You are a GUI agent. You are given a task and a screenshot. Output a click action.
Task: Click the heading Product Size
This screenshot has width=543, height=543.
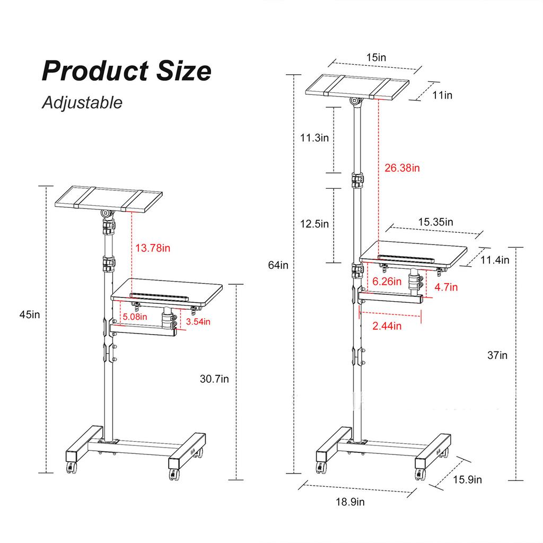126,71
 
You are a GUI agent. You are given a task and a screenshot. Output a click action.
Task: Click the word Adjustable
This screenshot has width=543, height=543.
82,102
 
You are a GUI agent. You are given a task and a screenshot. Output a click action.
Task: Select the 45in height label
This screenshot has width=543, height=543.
29,314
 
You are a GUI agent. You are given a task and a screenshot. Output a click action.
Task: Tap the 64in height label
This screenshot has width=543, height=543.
278,265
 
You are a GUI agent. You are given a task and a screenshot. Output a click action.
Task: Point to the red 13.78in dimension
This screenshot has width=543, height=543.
153,248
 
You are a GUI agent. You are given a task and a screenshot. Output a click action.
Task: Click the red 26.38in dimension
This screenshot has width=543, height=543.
401,168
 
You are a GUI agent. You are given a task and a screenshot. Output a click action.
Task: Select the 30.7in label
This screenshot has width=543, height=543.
215,379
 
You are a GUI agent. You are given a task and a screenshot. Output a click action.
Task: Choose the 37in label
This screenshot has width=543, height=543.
497,355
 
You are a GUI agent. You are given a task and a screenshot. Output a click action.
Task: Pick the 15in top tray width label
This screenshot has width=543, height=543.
376,57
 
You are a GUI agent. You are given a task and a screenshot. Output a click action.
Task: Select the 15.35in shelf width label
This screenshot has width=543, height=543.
435,222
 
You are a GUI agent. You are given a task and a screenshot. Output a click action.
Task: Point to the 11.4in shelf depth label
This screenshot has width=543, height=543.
495,260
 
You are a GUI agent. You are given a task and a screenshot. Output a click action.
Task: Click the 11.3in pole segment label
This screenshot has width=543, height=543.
314,138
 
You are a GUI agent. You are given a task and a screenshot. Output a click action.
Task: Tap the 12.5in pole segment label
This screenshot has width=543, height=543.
314,224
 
